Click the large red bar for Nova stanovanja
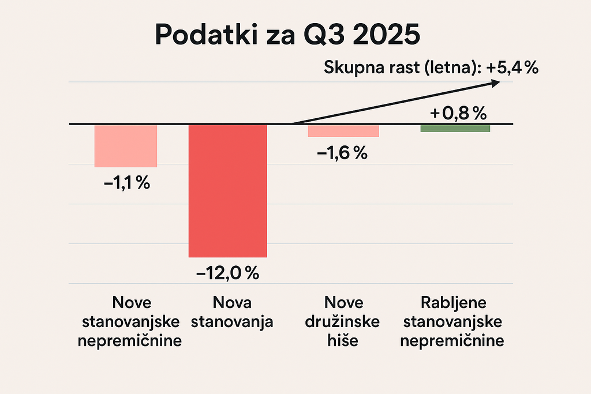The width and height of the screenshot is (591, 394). tap(228, 190)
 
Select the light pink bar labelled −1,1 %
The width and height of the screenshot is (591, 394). tap(126, 145)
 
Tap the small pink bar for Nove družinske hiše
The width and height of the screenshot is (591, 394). tap(343, 131)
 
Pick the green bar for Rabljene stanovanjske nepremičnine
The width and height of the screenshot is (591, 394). tap(455, 128)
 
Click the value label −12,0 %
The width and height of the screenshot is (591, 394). tap(228, 273)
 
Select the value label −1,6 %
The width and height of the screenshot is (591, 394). tap(342, 153)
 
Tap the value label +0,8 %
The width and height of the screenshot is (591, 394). tap(456, 114)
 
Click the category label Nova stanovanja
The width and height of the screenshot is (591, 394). tap(231, 312)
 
